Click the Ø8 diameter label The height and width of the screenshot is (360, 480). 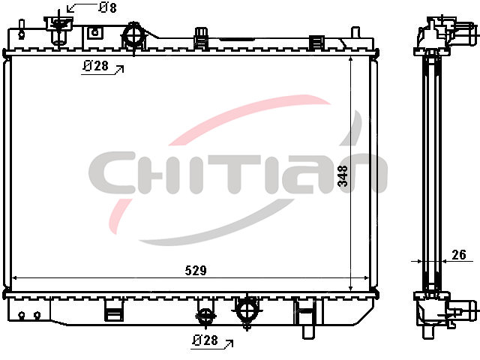click(x=108, y=7)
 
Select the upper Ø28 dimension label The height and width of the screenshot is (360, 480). click(x=96, y=65)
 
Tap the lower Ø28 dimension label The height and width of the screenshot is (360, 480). click(x=205, y=340)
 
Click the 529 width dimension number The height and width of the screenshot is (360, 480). click(x=196, y=270)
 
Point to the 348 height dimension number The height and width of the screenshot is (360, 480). click(x=343, y=175)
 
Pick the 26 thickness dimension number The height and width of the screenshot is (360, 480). click(x=459, y=254)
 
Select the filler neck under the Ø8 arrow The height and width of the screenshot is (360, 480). click(x=59, y=30)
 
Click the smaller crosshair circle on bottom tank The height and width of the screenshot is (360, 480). click(x=205, y=316)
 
